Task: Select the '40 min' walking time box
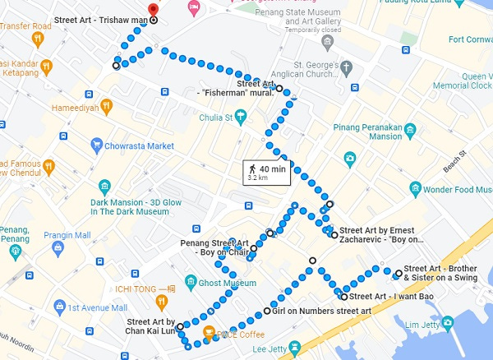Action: pos(265,172)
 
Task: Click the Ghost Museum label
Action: pos(227,283)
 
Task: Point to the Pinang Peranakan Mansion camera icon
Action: pos(350,157)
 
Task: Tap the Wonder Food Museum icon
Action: pos(416,189)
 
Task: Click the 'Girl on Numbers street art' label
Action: pos(321,311)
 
